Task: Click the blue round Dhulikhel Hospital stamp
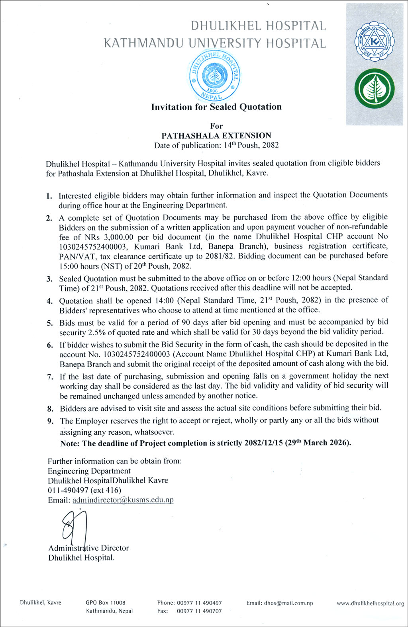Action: coord(215,76)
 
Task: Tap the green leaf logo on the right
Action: coord(374,89)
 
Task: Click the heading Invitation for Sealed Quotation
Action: coord(216,107)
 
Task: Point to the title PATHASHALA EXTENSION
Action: coord(216,135)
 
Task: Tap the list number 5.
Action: coord(50,323)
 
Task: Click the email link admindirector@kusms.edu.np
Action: coord(123,500)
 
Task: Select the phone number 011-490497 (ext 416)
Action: coord(84,490)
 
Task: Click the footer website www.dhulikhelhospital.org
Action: coord(370,604)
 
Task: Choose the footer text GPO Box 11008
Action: coord(106,603)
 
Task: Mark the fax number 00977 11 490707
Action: coord(199,611)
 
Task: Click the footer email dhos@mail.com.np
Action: coord(288,603)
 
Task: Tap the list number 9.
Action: coord(50,421)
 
